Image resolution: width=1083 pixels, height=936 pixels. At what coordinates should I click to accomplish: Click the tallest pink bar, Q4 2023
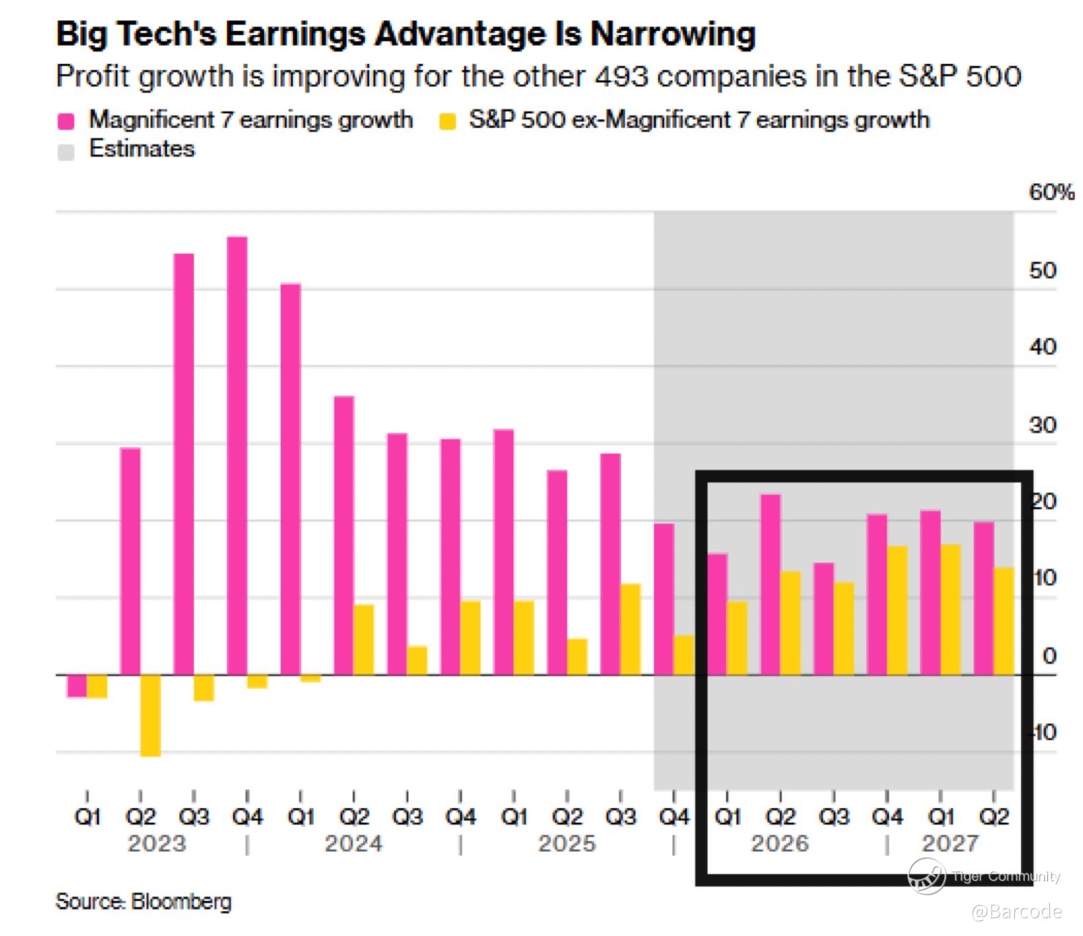(237, 455)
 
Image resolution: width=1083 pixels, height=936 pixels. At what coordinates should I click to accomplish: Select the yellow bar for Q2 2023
(150, 715)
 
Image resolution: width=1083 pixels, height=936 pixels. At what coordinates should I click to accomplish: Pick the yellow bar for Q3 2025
(630, 629)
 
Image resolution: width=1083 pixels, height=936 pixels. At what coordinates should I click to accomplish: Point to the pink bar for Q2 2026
(770, 584)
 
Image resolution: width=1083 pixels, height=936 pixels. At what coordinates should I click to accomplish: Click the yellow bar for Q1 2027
(950, 609)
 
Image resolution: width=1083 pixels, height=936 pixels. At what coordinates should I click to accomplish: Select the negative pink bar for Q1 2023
(77, 686)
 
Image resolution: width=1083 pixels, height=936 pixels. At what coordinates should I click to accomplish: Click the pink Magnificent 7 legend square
(66, 121)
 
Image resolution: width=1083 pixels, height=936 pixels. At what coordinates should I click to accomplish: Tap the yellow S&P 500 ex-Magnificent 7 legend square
(447, 121)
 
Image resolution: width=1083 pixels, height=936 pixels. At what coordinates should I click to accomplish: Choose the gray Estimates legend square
(66, 151)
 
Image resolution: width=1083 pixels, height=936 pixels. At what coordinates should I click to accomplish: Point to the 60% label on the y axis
(1051, 193)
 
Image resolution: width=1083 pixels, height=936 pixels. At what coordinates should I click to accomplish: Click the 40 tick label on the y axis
(1043, 347)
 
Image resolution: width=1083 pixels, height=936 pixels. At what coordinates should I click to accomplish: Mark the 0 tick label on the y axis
(1049, 656)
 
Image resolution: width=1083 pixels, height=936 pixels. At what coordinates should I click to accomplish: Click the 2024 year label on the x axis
(353, 844)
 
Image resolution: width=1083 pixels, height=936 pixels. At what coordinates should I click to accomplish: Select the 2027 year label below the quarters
(950, 844)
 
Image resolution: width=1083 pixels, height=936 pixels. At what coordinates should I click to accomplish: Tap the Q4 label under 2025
(674, 817)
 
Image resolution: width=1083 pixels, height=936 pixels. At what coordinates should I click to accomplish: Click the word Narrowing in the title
(673, 34)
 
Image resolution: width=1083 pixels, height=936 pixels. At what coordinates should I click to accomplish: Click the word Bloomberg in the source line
(181, 902)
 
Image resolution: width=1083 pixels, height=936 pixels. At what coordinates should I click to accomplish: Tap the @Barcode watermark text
(1016, 912)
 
